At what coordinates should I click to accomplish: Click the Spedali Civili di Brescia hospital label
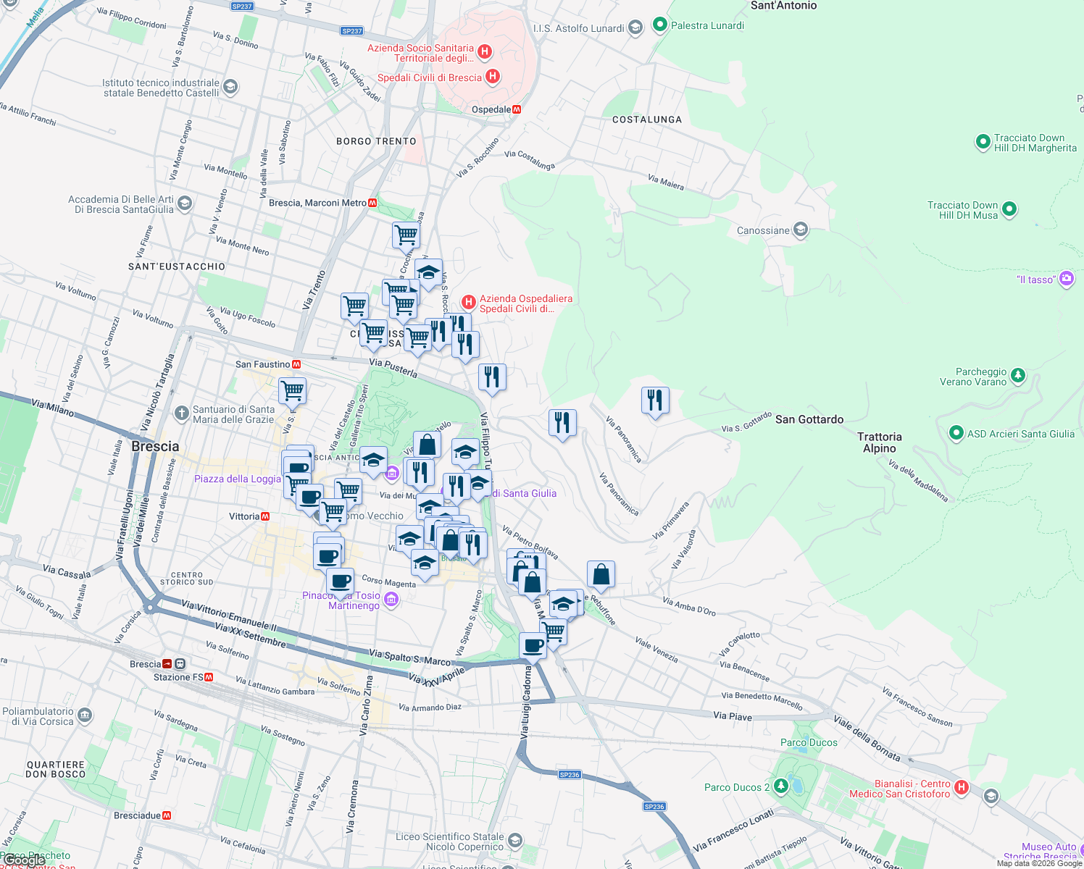tap(430, 77)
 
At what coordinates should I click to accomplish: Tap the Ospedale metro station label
tap(491, 110)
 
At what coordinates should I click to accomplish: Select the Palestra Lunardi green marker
tap(659, 25)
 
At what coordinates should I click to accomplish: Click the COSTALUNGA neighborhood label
tap(647, 119)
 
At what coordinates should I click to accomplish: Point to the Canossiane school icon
tap(801, 230)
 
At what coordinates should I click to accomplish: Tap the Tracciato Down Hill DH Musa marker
tap(1009, 210)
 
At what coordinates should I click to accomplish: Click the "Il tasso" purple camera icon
tap(1066, 279)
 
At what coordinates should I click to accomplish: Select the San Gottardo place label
tap(809, 419)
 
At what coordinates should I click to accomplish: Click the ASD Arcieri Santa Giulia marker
tap(956, 434)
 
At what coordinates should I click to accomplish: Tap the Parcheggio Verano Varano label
tap(973, 377)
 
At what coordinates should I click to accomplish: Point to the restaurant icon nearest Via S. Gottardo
tap(654, 400)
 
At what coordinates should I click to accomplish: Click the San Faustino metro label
tap(262, 364)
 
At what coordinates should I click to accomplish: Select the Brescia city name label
tap(155, 446)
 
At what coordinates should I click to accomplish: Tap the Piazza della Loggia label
tap(237, 479)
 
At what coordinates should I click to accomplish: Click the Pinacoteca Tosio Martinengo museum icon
tap(391, 599)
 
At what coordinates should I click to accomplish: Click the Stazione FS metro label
tap(178, 677)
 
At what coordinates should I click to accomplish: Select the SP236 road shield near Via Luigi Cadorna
tap(570, 775)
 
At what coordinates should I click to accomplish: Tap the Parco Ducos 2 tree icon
tap(780, 786)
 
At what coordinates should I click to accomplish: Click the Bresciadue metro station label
tap(137, 815)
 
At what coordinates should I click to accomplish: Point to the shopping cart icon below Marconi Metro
tap(406, 235)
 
